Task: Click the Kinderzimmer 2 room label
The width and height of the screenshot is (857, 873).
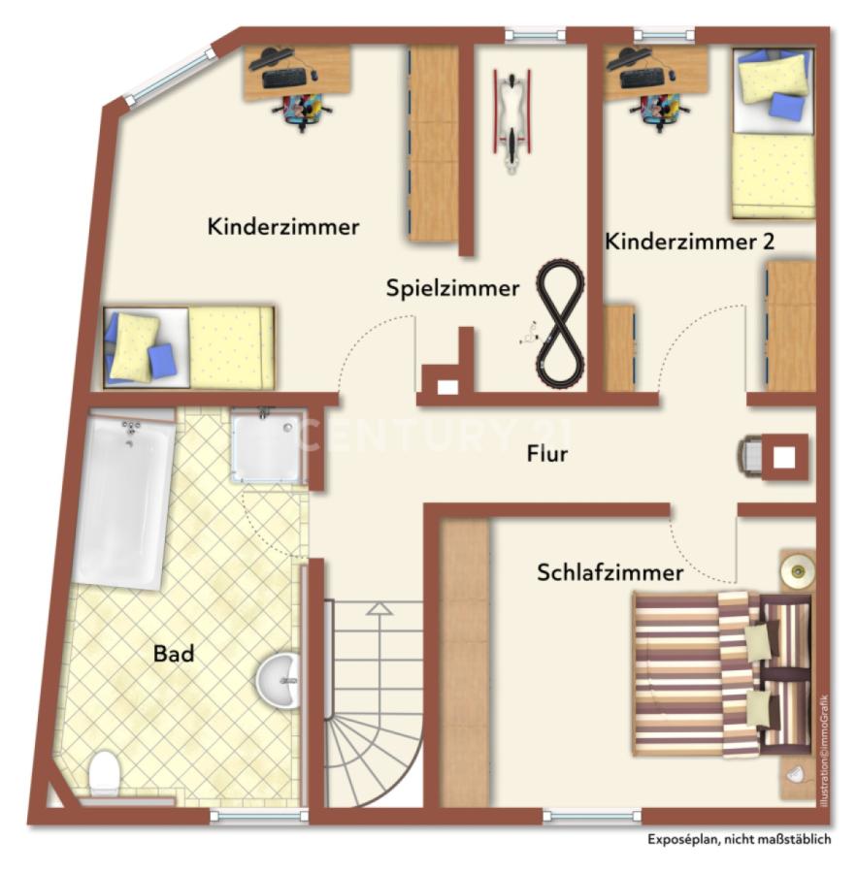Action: (x=689, y=242)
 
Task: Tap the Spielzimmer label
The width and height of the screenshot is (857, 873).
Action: (x=452, y=288)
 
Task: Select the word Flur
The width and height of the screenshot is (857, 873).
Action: (x=547, y=453)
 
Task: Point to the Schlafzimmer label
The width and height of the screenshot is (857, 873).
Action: (x=610, y=573)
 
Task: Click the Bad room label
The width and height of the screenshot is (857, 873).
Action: (x=174, y=654)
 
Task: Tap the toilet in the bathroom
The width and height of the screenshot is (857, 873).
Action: (x=103, y=775)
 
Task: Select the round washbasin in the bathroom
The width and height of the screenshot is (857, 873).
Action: (x=280, y=679)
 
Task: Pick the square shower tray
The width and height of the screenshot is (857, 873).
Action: (x=266, y=447)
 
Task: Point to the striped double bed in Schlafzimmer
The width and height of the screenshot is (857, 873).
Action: (x=722, y=673)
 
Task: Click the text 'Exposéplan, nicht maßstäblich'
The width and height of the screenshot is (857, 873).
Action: (x=740, y=841)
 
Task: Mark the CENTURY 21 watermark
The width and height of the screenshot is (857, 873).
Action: (x=433, y=434)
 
